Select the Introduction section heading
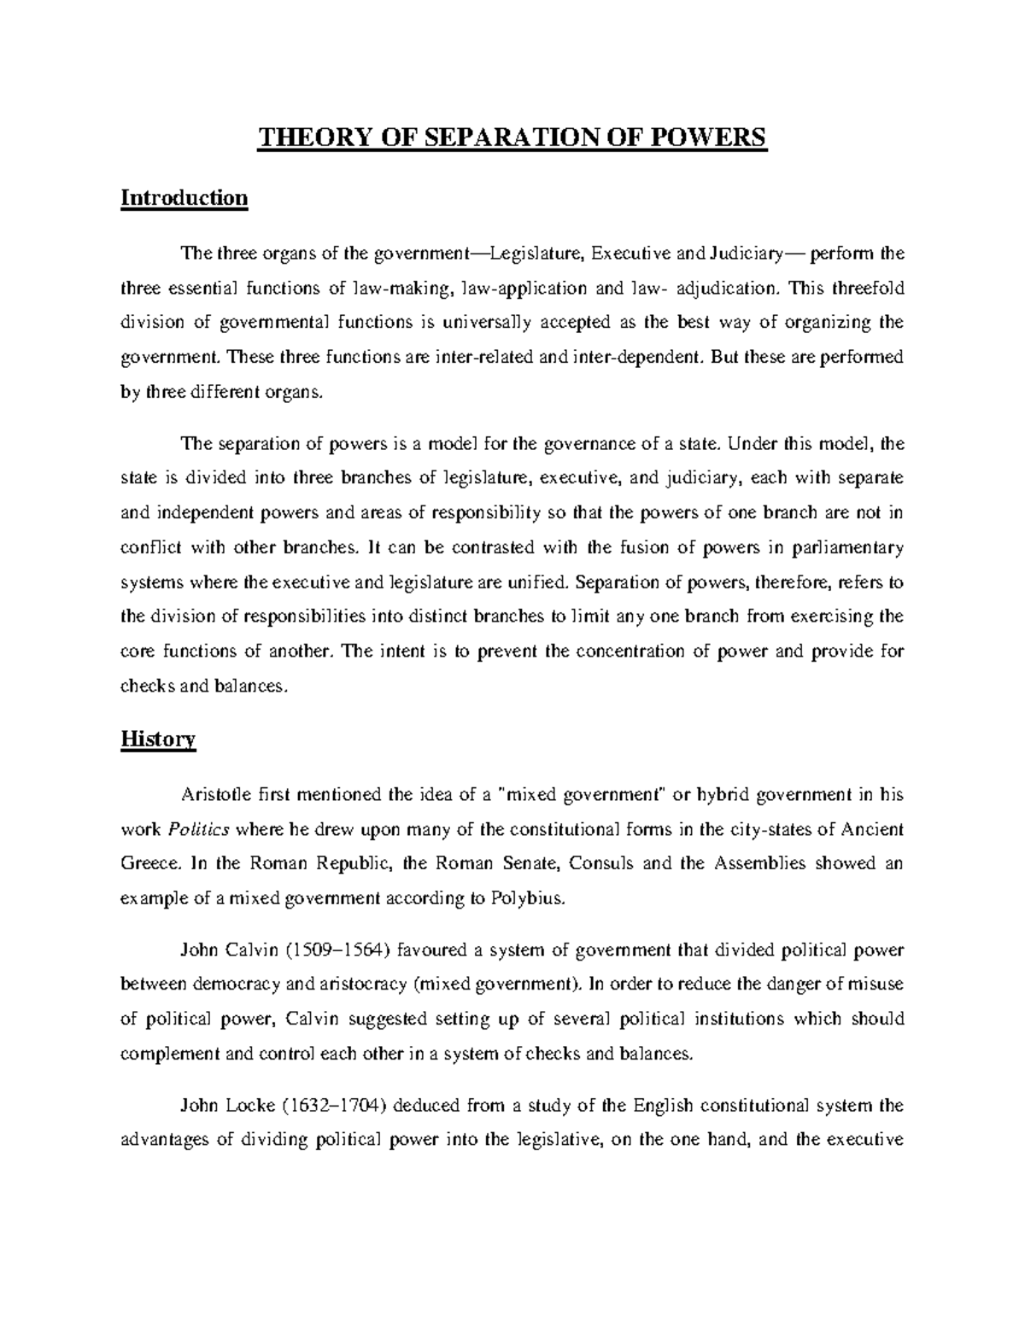point(184,198)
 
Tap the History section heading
point(158,739)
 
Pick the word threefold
point(867,288)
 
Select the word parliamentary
point(849,547)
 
